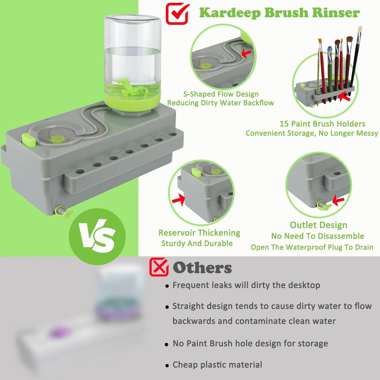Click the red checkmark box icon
point(177,14)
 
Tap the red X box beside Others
point(159,267)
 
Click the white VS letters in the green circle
point(97,236)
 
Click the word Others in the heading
point(202,268)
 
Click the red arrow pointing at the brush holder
point(345,98)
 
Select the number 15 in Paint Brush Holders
point(284,124)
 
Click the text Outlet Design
point(318,225)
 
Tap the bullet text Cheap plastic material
point(217,364)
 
